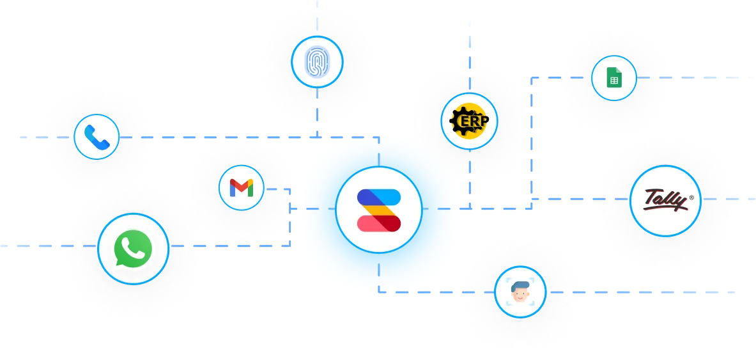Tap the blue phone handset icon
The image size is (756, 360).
coord(96,136)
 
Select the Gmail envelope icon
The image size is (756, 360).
coord(242,188)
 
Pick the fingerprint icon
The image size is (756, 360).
coord(317,62)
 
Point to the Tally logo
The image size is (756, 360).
coord(665,200)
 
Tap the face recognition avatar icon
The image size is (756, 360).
coord(520,292)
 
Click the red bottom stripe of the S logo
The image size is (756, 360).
coord(378,223)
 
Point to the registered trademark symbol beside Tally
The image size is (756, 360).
coord(691,198)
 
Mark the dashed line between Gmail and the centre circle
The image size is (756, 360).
coord(281,189)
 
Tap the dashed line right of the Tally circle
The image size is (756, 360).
coord(735,199)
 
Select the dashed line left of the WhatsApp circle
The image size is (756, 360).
coord(32,245)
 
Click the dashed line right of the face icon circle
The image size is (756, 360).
coord(639,291)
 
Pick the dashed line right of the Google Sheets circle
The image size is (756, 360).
coord(703,77)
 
